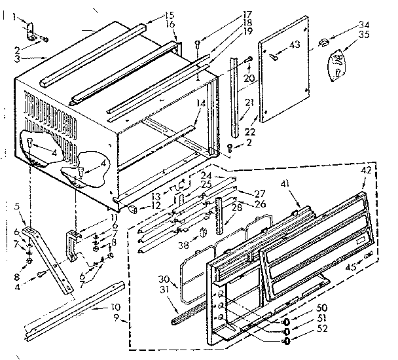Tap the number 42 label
point(367,169)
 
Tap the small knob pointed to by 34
point(322,43)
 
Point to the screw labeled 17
point(198,44)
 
